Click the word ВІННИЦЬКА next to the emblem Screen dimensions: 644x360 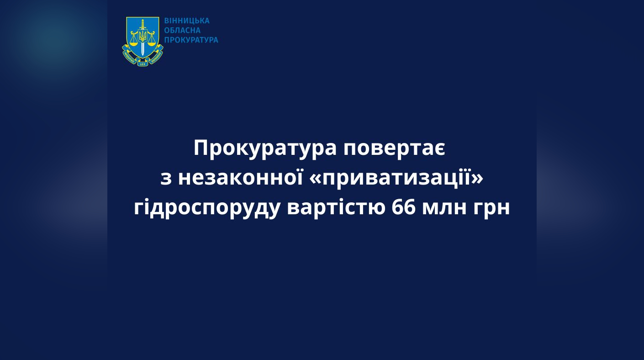tap(187, 21)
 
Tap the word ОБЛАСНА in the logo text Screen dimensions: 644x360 tap(182, 30)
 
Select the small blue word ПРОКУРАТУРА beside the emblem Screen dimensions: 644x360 tap(191, 40)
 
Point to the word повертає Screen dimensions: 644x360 tap(395, 149)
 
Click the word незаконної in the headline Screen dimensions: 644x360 tap(240, 178)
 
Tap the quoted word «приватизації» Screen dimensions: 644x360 tap(397, 179)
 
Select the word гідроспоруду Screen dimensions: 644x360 tap(207, 208)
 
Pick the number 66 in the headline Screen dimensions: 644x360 tap(404, 207)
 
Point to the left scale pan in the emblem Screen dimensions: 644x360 tap(133, 41)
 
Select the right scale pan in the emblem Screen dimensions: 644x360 tap(152, 41)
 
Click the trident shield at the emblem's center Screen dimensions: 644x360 tap(143, 36)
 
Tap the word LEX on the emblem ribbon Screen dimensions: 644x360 tap(143, 64)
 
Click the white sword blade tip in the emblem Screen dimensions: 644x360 tap(143, 55)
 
